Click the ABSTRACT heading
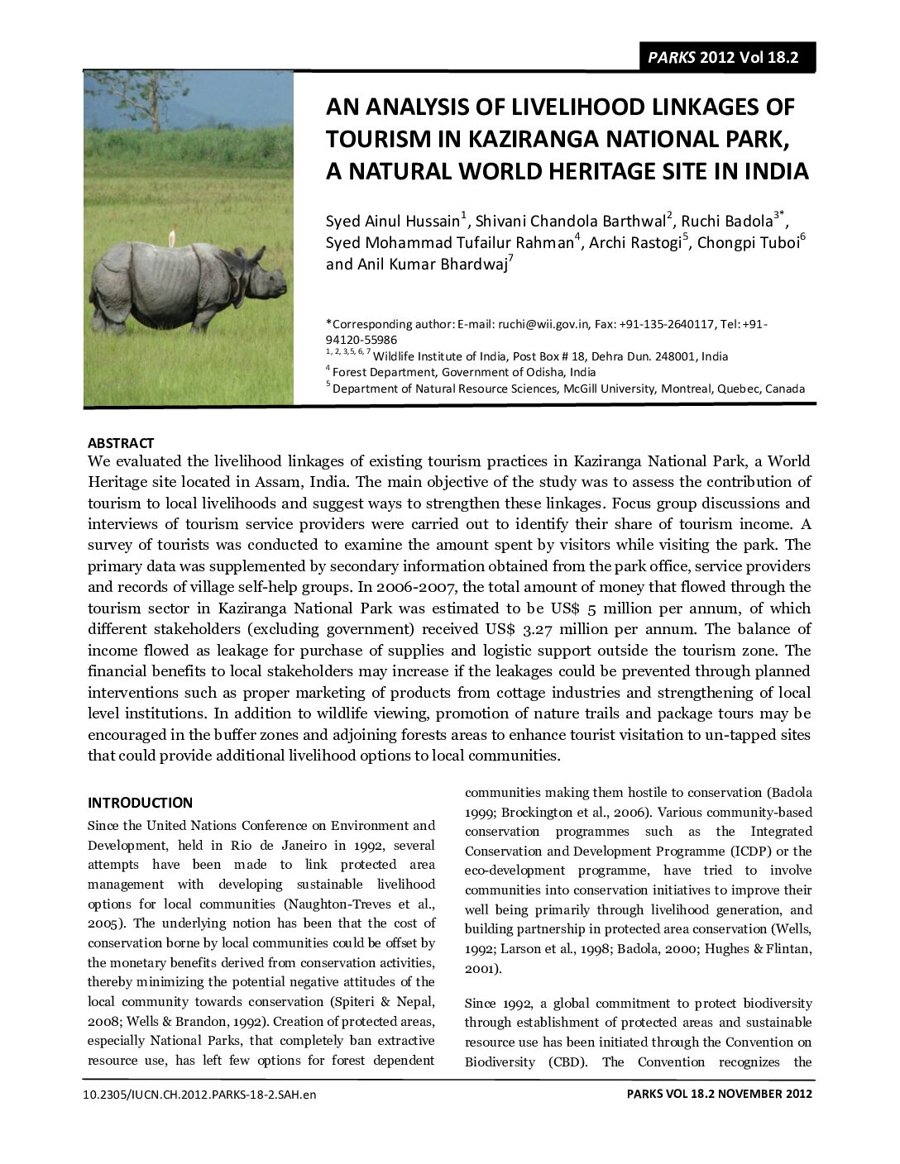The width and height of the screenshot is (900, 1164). (x=121, y=443)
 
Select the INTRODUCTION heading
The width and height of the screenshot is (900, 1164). (x=140, y=803)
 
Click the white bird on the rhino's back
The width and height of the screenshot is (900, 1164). (x=172, y=238)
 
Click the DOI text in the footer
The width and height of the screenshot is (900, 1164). (x=200, y=1095)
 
